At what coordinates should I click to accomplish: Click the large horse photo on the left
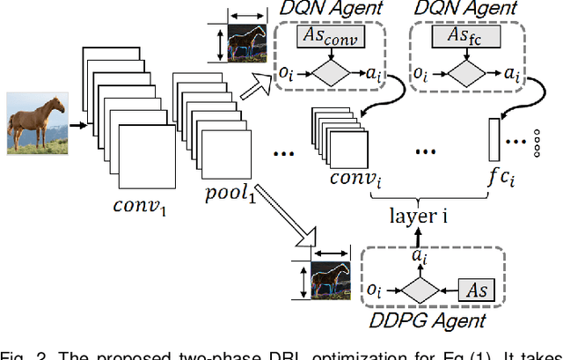click(36, 122)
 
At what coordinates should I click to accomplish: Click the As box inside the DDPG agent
click(478, 289)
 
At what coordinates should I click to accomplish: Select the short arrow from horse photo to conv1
click(77, 124)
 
